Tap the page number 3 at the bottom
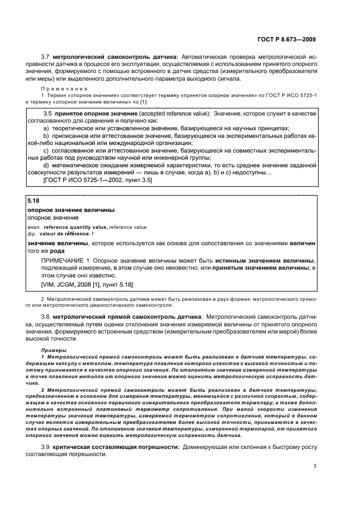[x=315, y=466]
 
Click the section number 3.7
[x=47, y=56]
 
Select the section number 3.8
[x=47, y=317]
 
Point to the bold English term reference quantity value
[x=76, y=227]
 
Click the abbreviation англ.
[x=34, y=227]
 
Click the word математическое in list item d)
[x=75, y=165]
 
